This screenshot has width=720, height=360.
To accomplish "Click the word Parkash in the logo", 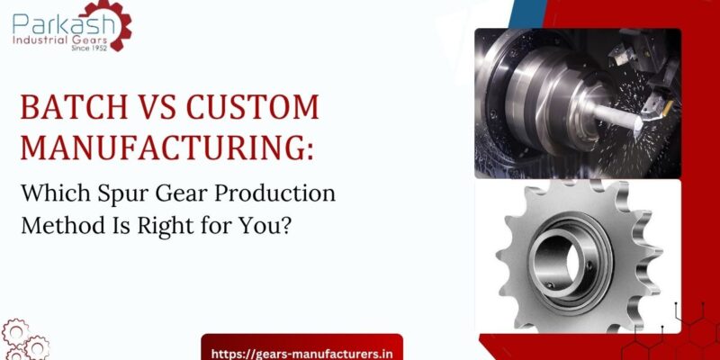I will click(55, 20).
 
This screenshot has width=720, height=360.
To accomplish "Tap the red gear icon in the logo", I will click(114, 24).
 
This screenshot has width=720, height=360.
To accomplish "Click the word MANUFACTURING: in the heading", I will click(167, 146).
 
